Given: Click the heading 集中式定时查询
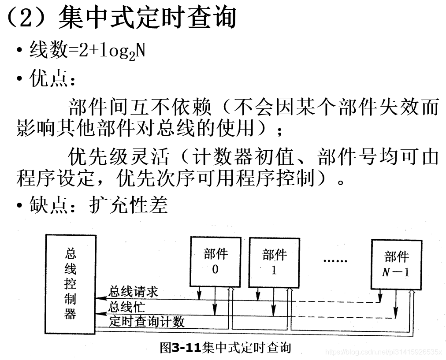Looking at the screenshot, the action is click(147, 18).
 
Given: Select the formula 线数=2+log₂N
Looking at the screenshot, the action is click(87, 52).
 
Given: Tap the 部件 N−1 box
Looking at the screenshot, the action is click(396, 264).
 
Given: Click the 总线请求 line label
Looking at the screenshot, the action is click(133, 292).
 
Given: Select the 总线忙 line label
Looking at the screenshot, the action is click(126, 307).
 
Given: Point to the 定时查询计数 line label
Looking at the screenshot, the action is click(146, 322).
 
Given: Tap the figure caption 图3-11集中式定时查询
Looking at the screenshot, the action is click(225, 348).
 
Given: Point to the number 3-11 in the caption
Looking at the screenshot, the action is click(186, 348).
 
